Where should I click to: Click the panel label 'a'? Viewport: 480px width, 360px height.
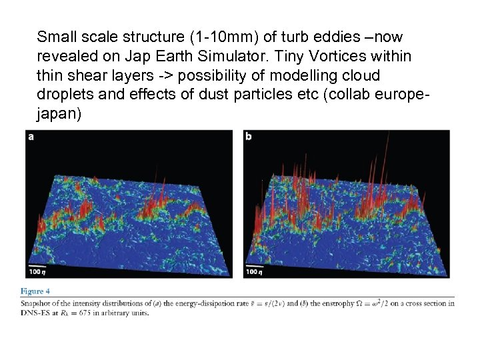(x=31, y=137)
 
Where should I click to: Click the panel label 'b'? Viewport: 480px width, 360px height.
(x=249, y=137)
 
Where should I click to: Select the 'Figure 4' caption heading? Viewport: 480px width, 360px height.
(x=35, y=291)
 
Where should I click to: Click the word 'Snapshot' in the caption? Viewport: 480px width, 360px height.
(x=36, y=303)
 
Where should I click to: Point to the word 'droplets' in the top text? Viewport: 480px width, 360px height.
(x=65, y=95)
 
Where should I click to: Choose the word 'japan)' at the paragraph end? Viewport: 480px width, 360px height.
(x=59, y=114)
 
